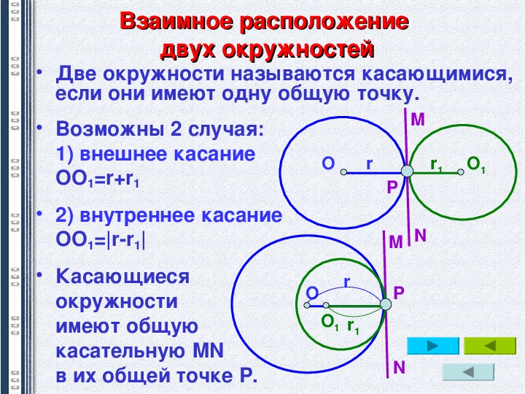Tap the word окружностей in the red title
(298, 50)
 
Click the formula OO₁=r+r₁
(98, 179)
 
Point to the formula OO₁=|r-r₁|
(101, 240)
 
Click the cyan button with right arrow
(432, 346)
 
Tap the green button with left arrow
(490, 346)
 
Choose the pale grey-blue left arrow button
(468, 372)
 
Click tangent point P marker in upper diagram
(407, 171)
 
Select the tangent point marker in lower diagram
(386, 304)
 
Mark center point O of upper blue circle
(343, 172)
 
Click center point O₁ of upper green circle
(461, 172)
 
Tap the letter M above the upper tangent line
(418, 120)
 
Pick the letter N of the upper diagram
(420, 236)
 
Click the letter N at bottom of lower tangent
(399, 368)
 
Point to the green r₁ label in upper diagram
(436, 165)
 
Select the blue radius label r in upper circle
(369, 164)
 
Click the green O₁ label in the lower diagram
(330, 322)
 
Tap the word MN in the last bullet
(209, 351)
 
